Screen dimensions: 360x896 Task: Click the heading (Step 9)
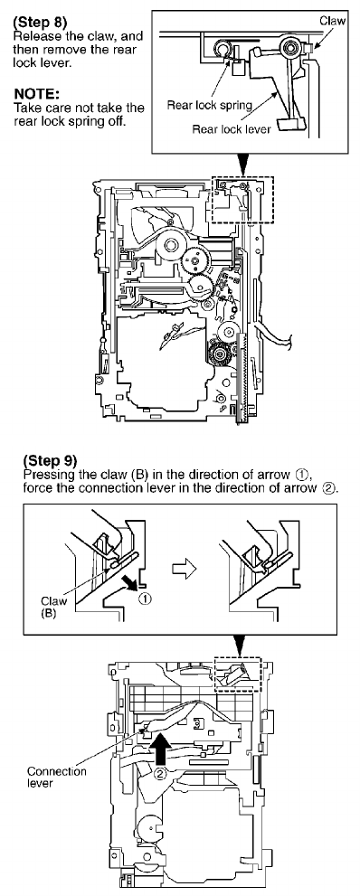(x=51, y=460)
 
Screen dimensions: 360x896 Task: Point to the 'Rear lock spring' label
(x=210, y=105)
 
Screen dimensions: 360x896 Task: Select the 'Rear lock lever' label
(x=232, y=128)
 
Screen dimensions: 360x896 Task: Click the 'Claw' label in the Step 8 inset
(x=332, y=20)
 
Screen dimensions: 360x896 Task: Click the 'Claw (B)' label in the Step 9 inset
(x=53, y=606)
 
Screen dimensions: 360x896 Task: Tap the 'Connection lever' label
(x=57, y=777)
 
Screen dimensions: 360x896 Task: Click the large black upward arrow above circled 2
(x=161, y=746)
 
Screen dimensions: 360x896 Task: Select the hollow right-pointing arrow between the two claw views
(x=185, y=568)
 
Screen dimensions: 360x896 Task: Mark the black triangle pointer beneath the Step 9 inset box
(x=240, y=646)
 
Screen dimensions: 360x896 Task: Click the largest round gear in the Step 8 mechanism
(x=170, y=246)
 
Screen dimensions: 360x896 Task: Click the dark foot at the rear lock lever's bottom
(x=290, y=124)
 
